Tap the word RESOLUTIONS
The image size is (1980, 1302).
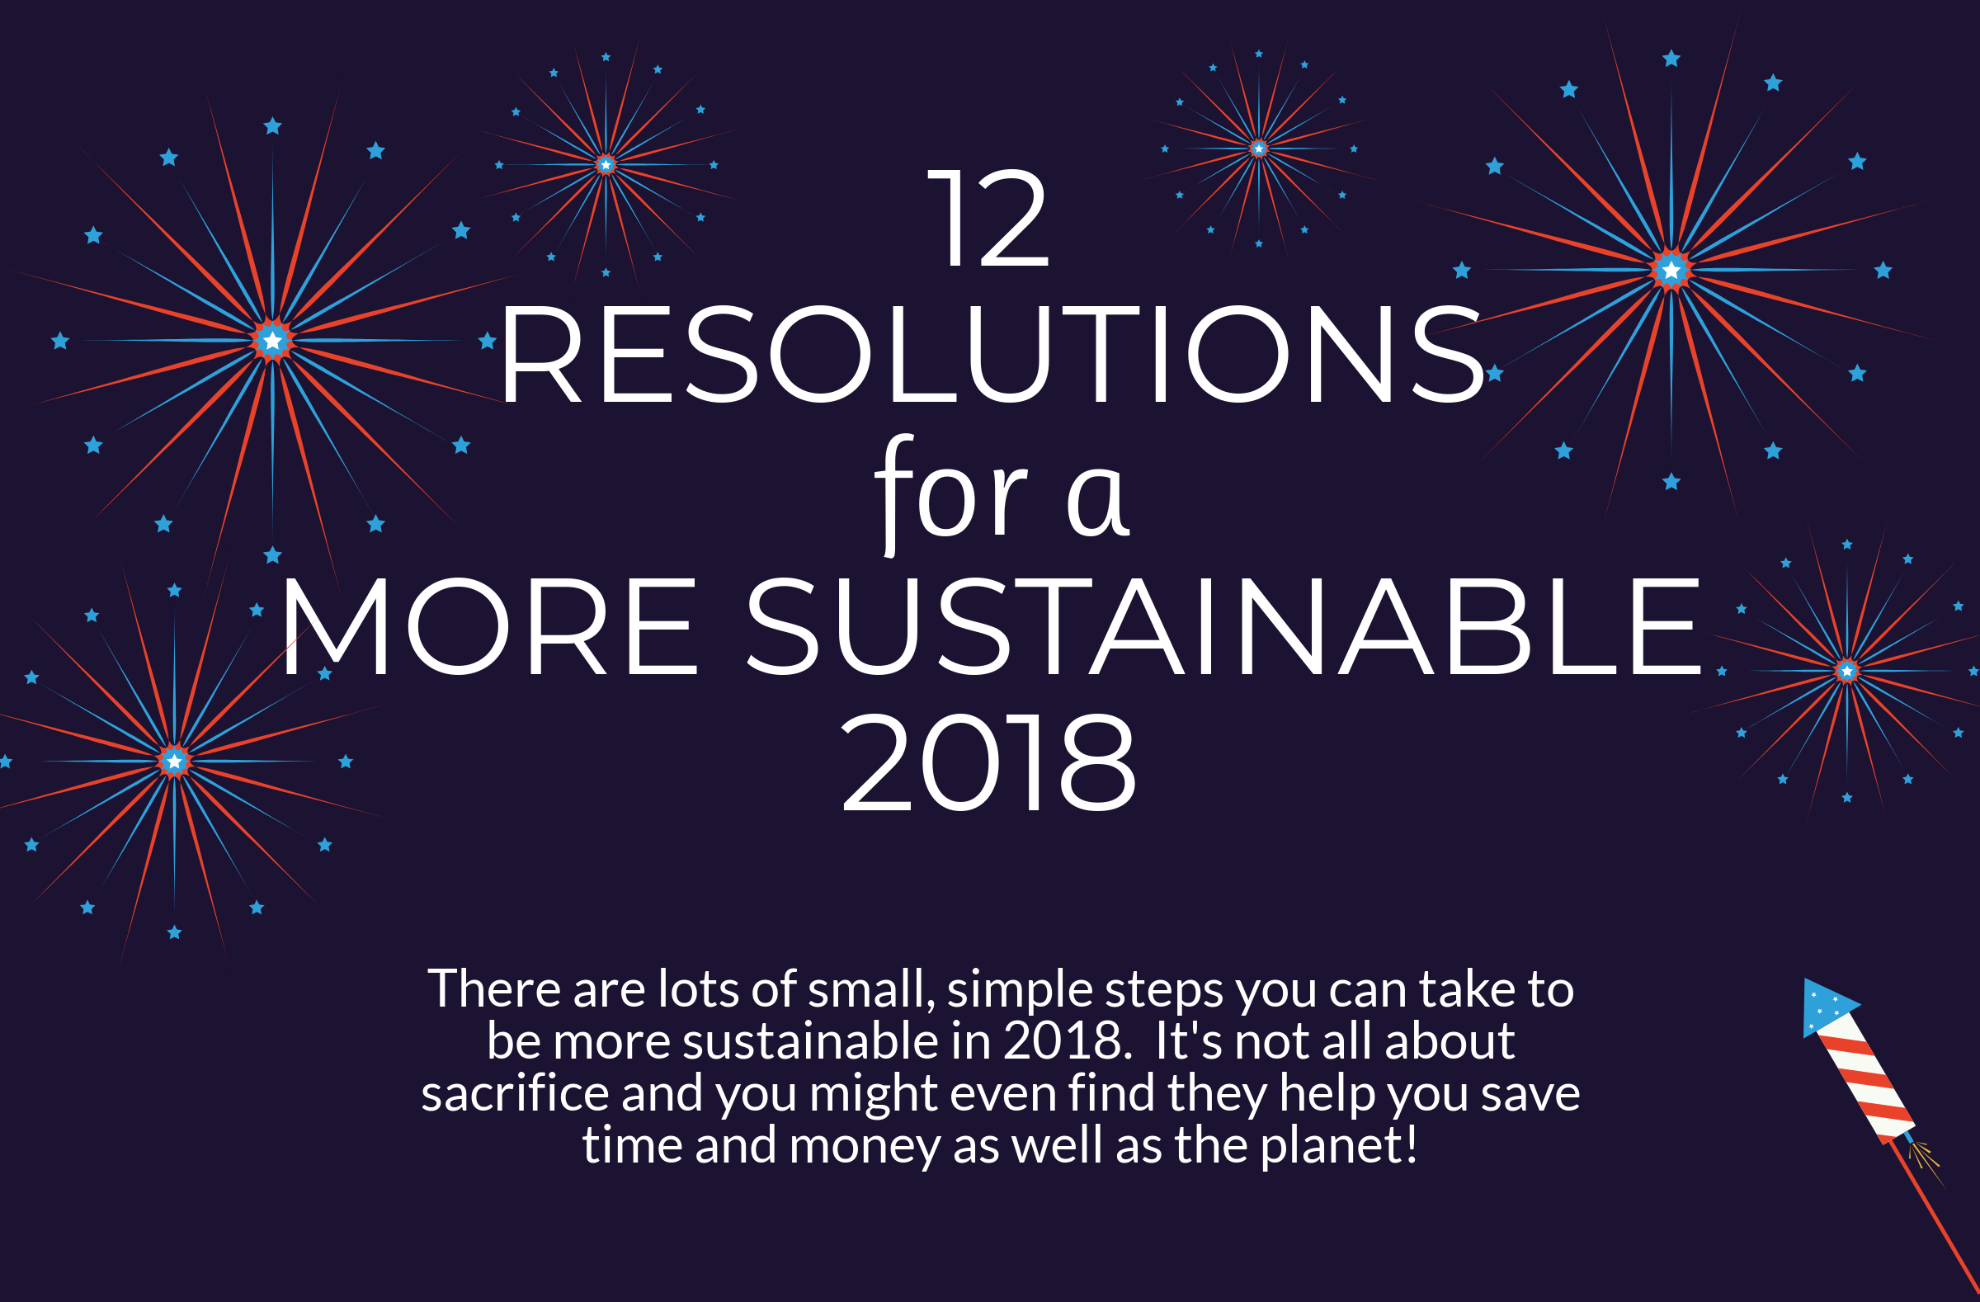[x=992, y=355]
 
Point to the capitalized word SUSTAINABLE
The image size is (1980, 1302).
[x=1223, y=625]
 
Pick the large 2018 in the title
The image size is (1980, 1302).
[x=988, y=762]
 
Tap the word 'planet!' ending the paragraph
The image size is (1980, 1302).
[x=1339, y=1144]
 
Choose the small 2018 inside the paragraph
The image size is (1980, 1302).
[x=1068, y=1040]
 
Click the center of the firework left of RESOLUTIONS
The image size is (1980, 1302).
[x=272, y=340]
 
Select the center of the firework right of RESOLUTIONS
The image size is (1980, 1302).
[x=1671, y=270]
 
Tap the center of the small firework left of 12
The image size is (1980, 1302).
[x=606, y=165]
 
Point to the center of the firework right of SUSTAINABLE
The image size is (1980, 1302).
[x=1847, y=670]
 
